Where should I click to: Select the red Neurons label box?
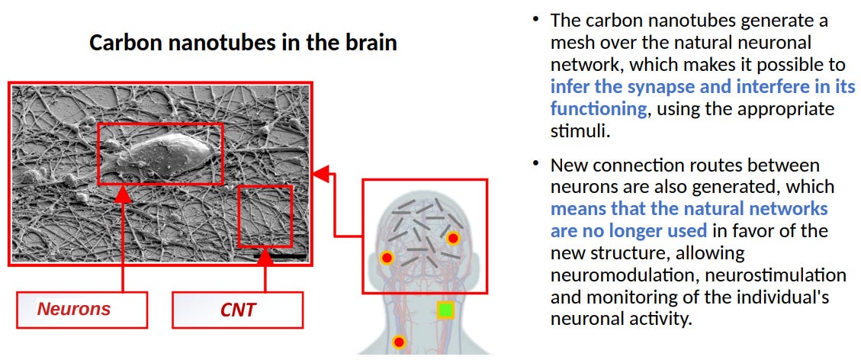pyautogui.click(x=82, y=310)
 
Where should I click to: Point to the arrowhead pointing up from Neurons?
pyautogui.click(x=123, y=193)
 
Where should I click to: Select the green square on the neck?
pyautogui.click(x=445, y=310)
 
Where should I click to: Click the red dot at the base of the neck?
pyautogui.click(x=398, y=342)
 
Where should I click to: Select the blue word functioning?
pyautogui.click(x=599, y=109)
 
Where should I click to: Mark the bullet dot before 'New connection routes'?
pyautogui.click(x=536, y=162)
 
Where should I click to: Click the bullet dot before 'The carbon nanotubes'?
pyautogui.click(x=536, y=18)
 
